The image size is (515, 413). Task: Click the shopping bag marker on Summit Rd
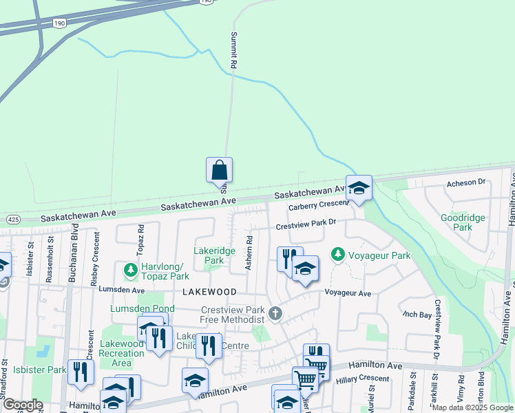pyautogui.click(x=219, y=170)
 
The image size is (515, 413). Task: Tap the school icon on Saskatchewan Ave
pyautogui.click(x=359, y=187)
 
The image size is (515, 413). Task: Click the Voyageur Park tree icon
pyautogui.click(x=338, y=255)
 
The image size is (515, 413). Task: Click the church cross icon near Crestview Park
pyautogui.click(x=275, y=314)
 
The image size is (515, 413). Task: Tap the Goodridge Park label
pyautogui.click(x=463, y=222)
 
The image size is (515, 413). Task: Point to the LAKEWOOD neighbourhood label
pyautogui.click(x=209, y=292)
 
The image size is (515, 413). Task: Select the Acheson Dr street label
pyautogui.click(x=466, y=182)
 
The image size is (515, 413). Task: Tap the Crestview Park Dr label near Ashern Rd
pyautogui.click(x=306, y=224)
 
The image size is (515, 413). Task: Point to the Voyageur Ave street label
pyautogui.click(x=348, y=293)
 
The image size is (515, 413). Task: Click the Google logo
pyautogui.click(x=23, y=405)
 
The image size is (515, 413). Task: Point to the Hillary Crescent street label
pyautogui.click(x=364, y=379)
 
